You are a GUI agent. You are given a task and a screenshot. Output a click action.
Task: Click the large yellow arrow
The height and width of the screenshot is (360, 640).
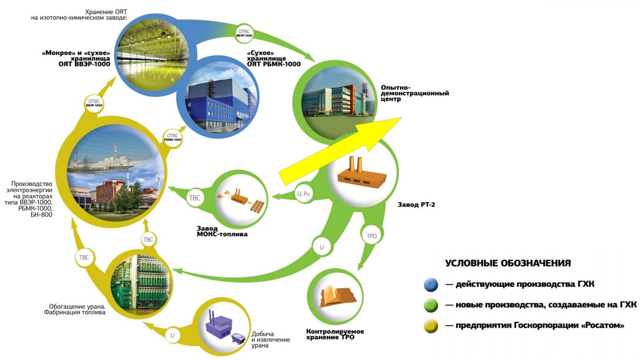click(340, 151)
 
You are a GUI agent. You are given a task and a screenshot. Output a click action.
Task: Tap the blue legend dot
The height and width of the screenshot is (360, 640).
click(431, 285)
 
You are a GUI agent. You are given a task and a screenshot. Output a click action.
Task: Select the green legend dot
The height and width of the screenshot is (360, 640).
click(431, 306)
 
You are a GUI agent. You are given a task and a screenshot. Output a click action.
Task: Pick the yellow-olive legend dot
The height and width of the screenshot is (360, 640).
click(431, 326)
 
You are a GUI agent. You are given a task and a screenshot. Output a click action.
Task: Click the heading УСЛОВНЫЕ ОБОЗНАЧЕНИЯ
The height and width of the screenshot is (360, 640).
click(508, 263)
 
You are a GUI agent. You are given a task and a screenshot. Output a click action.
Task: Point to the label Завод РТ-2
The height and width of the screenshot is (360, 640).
click(417, 205)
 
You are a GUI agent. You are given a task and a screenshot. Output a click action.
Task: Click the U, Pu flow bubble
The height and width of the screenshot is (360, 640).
click(303, 194)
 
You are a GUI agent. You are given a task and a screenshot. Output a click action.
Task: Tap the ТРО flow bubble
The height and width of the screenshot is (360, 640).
click(372, 236)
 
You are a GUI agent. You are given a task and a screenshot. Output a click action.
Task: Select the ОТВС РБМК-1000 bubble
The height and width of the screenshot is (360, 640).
click(173, 137)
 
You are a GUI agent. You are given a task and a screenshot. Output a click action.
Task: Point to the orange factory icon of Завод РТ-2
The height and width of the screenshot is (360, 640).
click(362, 172)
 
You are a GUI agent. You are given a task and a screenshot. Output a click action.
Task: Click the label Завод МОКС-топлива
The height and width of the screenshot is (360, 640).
click(222, 231)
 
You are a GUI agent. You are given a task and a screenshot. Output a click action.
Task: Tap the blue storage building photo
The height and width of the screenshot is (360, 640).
click(218, 97)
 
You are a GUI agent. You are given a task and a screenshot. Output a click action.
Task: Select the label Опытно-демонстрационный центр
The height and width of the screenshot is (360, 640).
click(415, 93)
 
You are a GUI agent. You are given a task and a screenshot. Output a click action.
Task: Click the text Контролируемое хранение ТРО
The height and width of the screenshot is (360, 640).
click(335, 334)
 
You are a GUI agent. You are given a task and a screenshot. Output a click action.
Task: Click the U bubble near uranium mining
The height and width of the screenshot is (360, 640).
click(172, 335)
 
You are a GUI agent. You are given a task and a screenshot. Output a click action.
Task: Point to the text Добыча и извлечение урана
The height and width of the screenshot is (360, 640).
click(270, 340)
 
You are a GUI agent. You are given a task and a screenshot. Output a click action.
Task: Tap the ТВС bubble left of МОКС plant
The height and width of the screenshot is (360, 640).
click(195, 198)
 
